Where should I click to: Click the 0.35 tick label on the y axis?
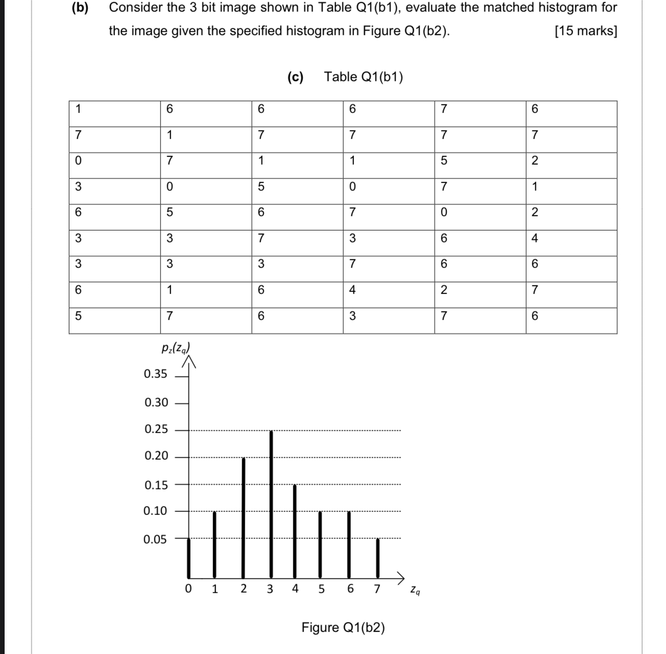tap(155, 374)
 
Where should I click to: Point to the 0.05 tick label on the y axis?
tap(155, 539)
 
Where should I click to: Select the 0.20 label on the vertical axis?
tap(156, 456)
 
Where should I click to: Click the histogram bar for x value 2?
tap(244, 516)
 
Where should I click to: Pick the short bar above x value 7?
tap(378, 557)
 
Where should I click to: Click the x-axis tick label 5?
tap(322, 589)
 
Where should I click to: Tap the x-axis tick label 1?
tap(215, 589)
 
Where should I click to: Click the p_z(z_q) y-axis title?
tap(175, 349)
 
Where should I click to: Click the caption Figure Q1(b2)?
tap(343, 627)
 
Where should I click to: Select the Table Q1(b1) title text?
tap(363, 77)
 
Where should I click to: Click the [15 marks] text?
tap(585, 31)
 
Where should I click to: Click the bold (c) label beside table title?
tap(295, 77)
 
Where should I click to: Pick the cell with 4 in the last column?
tap(534, 238)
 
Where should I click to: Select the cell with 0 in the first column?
tap(78, 161)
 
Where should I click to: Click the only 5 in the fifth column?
tap(443, 161)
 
